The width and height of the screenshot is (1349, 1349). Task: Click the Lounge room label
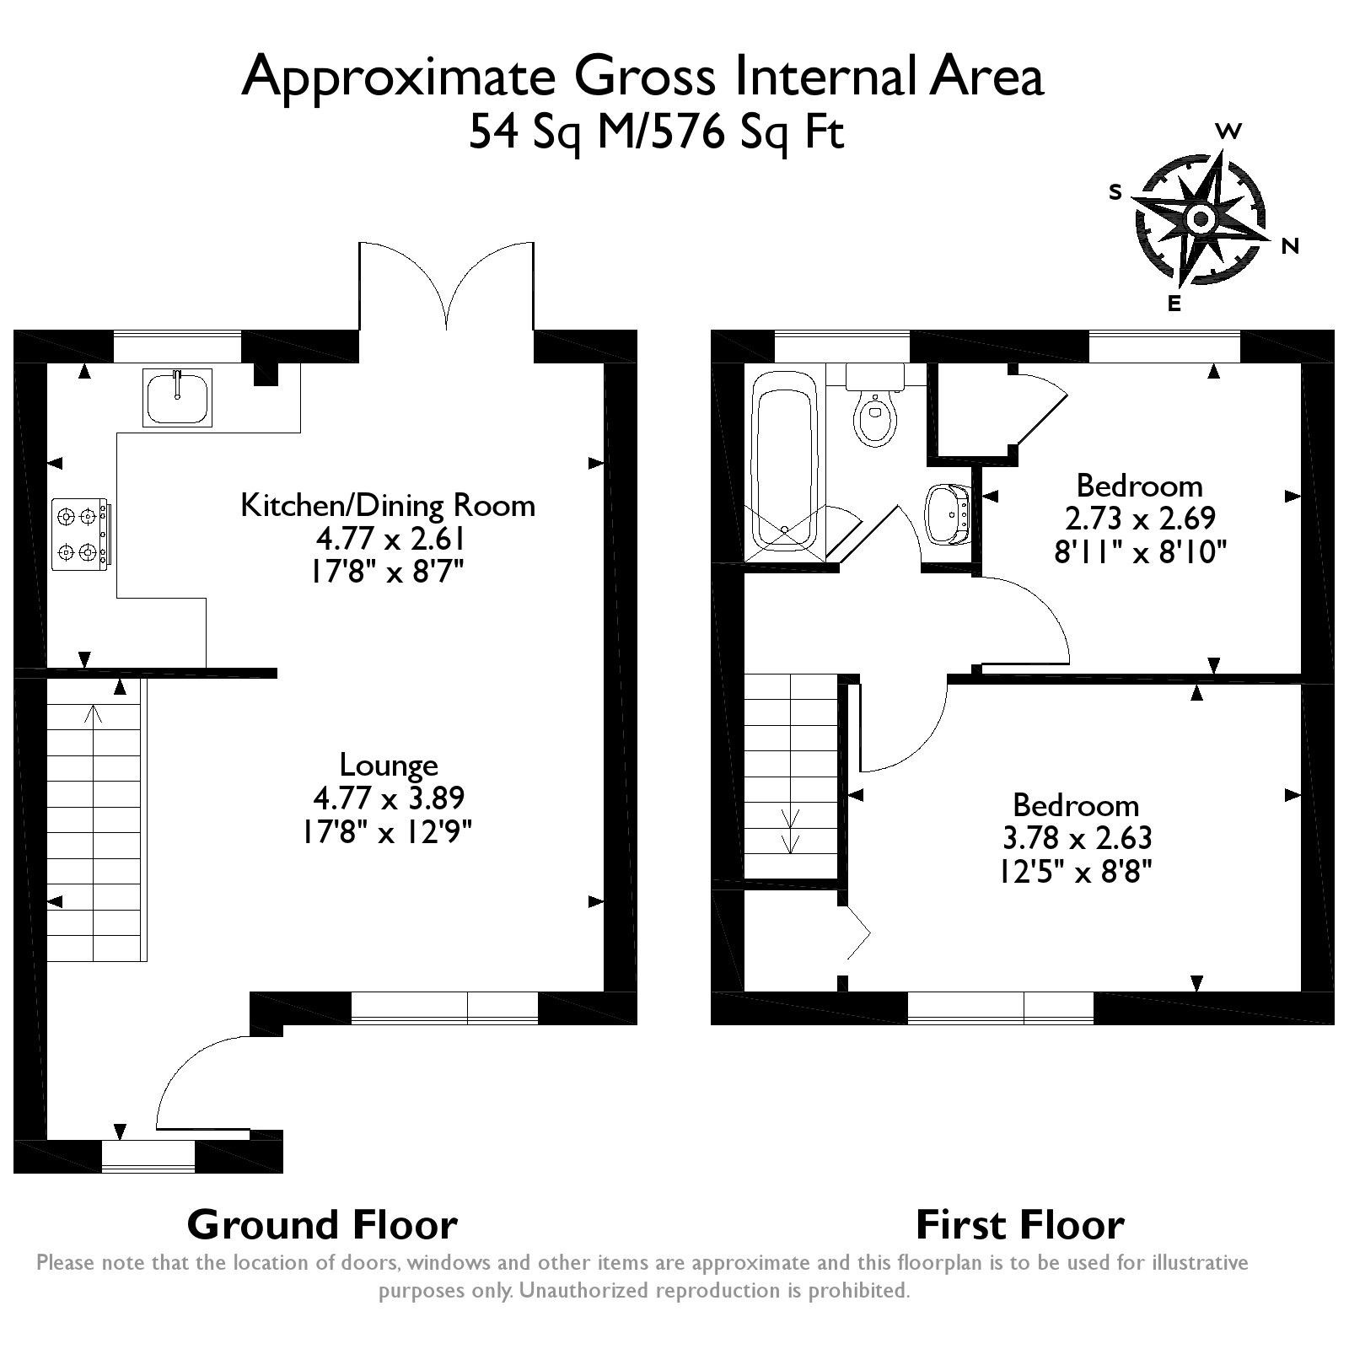point(389,765)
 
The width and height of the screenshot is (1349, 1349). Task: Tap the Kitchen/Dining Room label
point(388,505)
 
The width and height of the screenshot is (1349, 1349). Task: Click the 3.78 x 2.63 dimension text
point(1076,838)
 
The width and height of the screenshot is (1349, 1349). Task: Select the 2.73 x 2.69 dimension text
point(1140,519)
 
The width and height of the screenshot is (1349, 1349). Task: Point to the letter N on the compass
point(1290,246)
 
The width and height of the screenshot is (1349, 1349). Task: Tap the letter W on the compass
point(1229,131)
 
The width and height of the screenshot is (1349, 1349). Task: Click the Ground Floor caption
point(322,1224)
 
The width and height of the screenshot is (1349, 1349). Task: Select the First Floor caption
point(1020,1224)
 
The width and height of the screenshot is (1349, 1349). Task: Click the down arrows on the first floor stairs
point(791,831)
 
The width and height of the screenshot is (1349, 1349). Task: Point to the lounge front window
point(444,1008)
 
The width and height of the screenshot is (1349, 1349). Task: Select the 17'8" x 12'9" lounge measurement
point(386,833)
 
